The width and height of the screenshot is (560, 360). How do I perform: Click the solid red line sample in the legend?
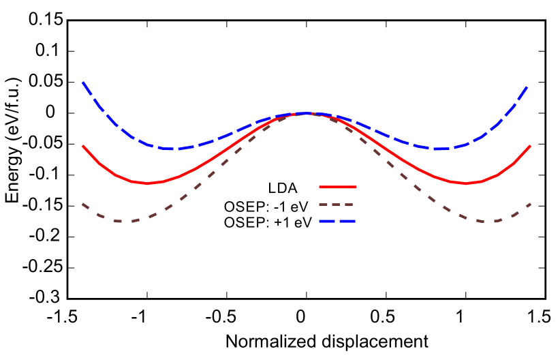[337, 187]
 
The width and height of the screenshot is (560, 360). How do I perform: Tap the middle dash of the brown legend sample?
[337, 205]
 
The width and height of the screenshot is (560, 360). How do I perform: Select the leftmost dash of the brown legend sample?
[324, 205]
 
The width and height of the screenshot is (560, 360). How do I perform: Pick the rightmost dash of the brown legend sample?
[349, 205]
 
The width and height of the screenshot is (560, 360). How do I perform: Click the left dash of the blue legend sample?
[326, 222]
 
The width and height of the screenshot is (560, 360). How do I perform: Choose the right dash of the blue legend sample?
[347, 222]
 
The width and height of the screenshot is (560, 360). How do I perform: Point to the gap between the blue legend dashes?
[337, 222]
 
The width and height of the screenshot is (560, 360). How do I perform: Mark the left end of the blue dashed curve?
[83, 82]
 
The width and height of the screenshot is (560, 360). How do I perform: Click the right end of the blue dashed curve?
[529, 86]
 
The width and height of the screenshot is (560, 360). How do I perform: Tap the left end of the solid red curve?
[83, 146]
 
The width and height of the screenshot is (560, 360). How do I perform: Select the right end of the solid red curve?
[530, 146]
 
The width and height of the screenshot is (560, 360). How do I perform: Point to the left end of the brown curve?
[83, 204]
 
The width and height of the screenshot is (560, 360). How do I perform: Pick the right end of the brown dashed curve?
[530, 204]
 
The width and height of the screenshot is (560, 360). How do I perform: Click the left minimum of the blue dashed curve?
[174, 149]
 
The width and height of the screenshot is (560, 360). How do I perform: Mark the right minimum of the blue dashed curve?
[439, 149]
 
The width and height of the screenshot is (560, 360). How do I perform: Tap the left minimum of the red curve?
[147, 183]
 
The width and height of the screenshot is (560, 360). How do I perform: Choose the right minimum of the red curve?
[466, 183]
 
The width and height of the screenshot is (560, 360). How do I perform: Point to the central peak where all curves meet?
[307, 113]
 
